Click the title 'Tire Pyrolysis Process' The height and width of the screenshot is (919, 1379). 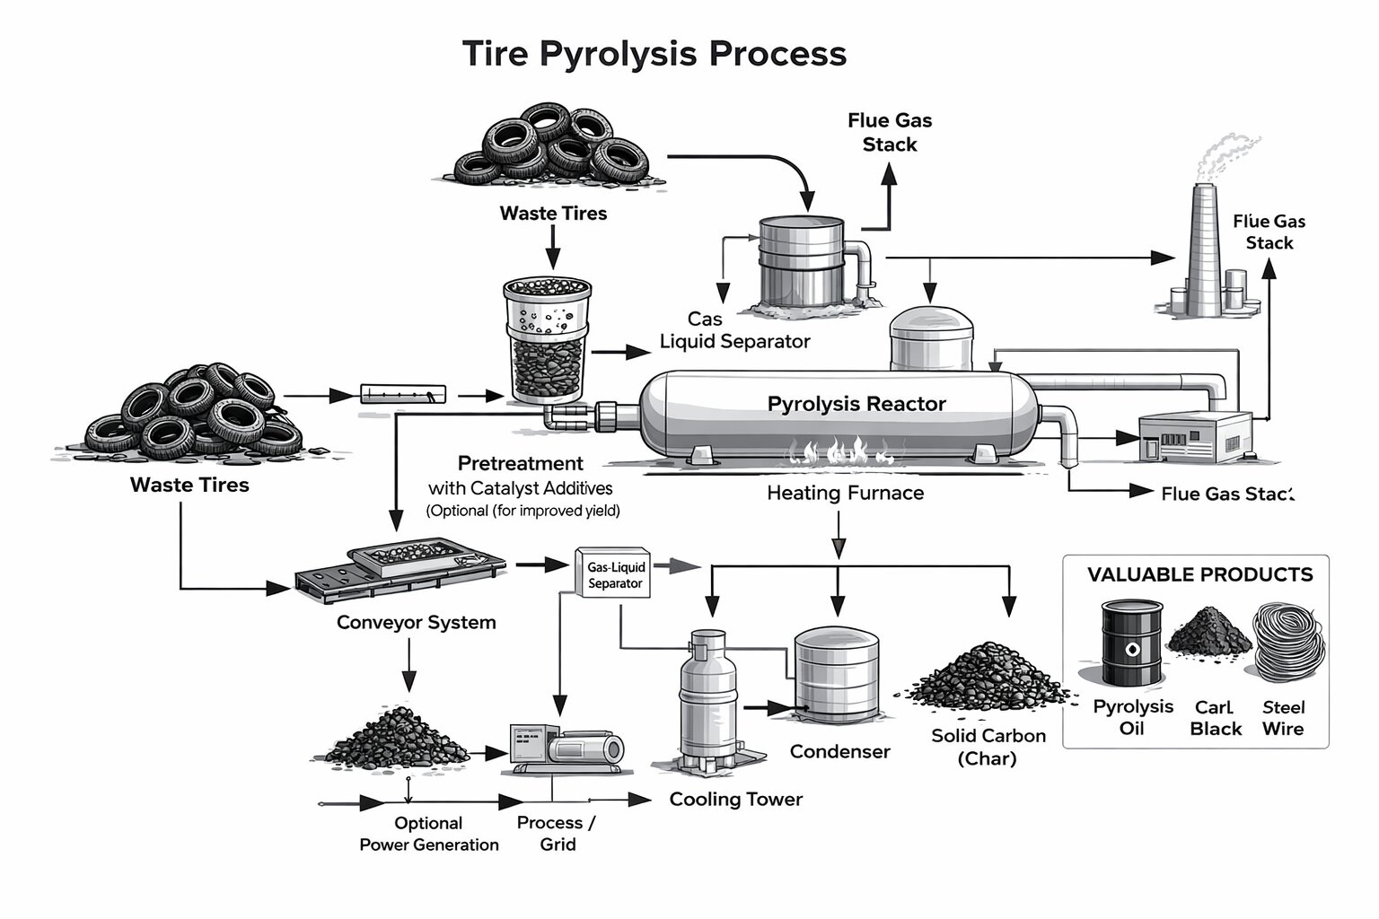point(654,54)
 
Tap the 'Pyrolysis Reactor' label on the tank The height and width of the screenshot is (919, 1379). point(856,404)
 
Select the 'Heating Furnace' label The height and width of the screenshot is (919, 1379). point(845,493)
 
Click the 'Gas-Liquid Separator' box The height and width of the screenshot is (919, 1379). point(614,575)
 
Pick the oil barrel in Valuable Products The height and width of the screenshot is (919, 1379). point(1131,643)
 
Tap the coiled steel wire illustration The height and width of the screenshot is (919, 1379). point(1288,643)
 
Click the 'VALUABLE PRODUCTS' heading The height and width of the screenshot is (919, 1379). point(1199,574)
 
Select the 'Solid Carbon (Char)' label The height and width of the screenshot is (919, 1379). point(988,747)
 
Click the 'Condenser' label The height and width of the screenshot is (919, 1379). point(839,752)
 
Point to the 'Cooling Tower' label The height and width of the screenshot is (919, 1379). point(735,800)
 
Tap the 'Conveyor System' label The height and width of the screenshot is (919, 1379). point(416,623)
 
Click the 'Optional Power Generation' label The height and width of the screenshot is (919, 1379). point(429,834)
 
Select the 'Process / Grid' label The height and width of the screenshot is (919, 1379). point(557,834)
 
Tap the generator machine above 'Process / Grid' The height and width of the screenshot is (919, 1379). point(565,747)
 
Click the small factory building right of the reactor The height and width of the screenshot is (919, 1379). point(1194,437)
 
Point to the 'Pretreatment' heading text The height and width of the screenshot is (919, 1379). point(520,464)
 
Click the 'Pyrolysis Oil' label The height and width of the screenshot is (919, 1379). point(1132,717)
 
